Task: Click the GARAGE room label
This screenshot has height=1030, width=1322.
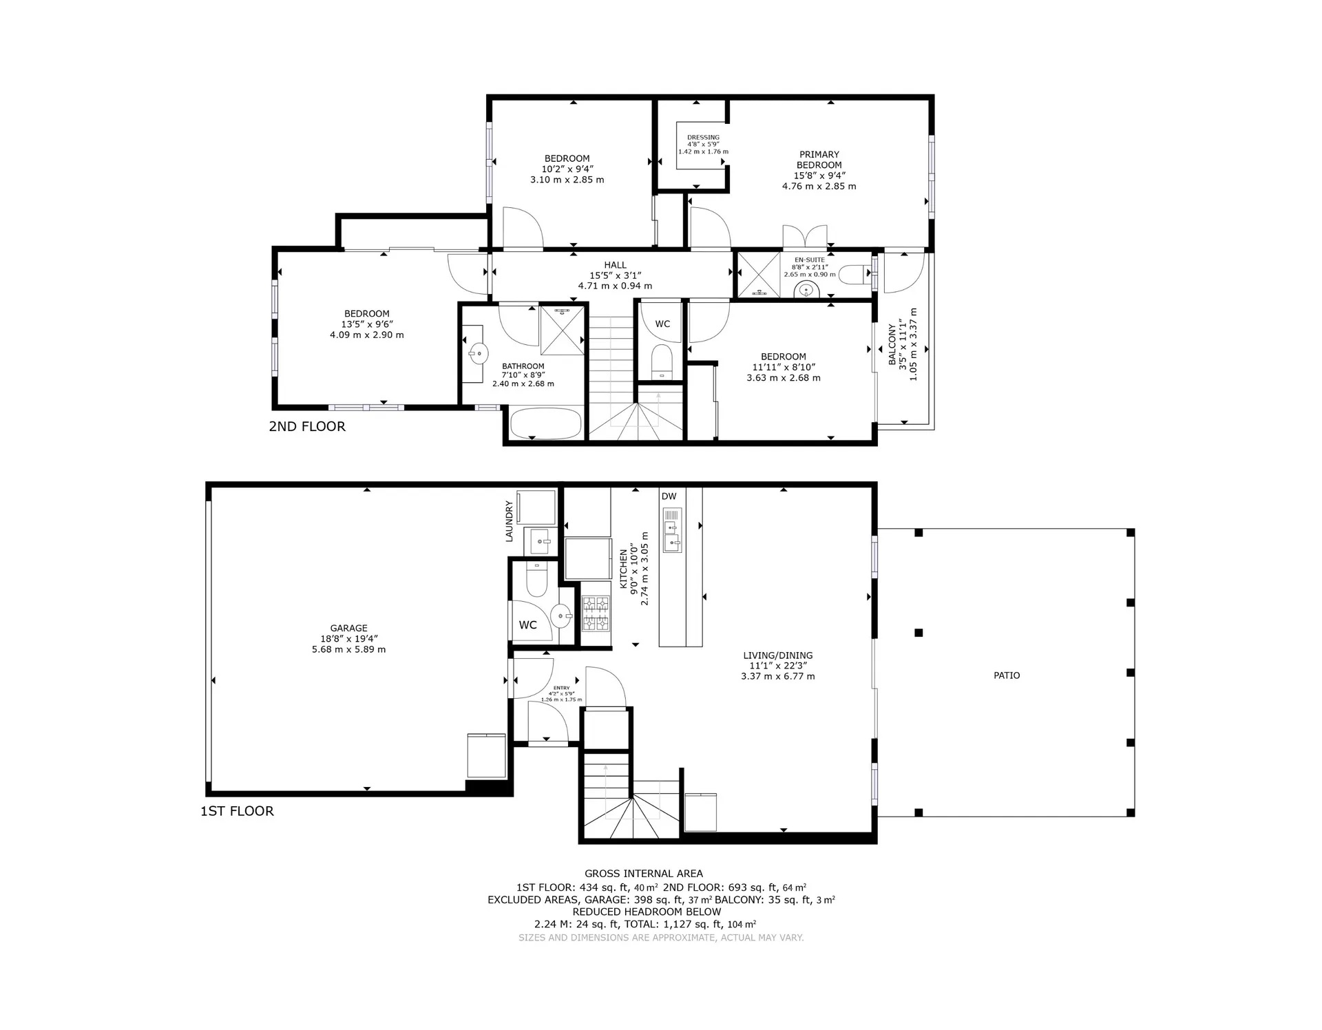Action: point(348,628)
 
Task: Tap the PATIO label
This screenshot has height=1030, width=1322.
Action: point(1007,675)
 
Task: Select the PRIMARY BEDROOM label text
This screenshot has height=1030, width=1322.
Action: point(819,160)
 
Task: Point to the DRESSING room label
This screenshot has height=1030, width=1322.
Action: point(703,138)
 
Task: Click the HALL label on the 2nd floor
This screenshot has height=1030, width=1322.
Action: point(616,265)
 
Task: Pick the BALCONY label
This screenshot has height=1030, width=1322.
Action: point(892,344)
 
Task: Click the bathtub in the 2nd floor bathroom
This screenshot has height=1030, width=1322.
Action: point(545,423)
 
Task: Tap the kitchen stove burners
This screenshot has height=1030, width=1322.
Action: point(596,613)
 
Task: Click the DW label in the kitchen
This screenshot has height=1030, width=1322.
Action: point(669,496)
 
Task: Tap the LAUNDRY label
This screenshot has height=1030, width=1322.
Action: point(510,521)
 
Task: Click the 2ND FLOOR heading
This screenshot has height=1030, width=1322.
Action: point(307,426)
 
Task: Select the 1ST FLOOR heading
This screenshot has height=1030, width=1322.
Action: point(237,811)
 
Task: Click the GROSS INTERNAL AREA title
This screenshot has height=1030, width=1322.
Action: point(644,874)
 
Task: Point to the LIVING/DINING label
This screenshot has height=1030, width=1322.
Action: point(778,655)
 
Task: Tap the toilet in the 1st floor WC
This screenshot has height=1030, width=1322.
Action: point(536,579)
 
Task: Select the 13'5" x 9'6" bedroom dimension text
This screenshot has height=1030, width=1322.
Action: point(367,324)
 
